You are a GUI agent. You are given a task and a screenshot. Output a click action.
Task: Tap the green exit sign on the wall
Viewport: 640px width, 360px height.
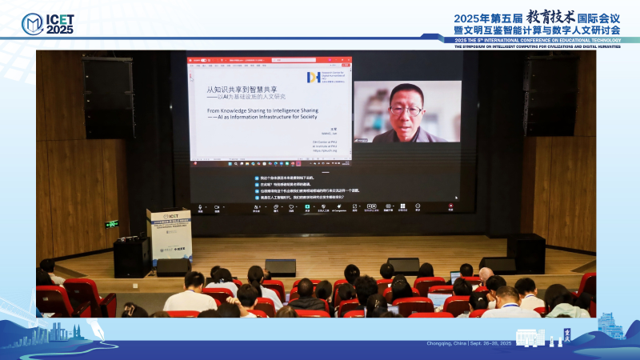(111, 224)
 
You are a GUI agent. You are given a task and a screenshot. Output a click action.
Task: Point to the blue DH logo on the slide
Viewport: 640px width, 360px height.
(314, 77)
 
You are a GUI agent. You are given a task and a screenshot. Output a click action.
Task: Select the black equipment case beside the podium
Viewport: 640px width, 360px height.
(132, 257)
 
